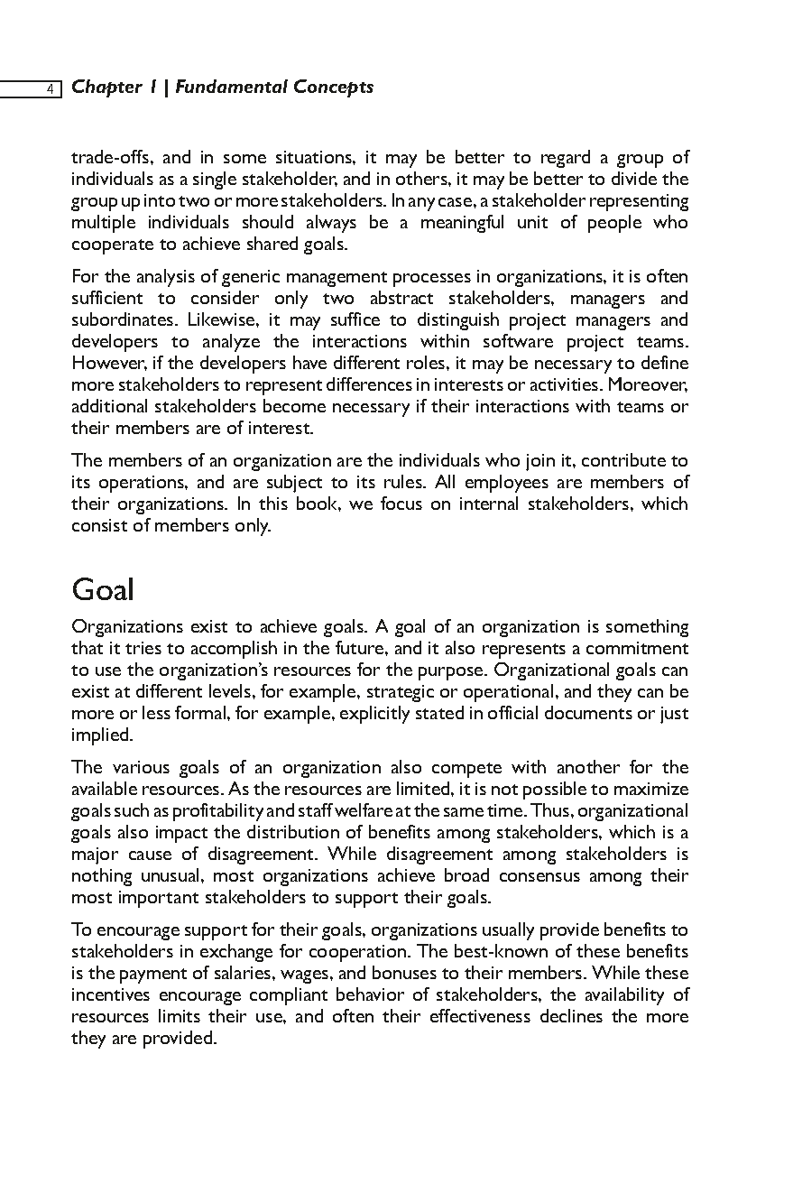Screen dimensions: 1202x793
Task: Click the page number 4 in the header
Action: [51, 88]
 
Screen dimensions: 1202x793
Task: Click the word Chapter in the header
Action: [106, 88]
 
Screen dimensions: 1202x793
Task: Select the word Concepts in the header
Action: [337, 88]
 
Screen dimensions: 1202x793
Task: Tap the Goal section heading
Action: [103, 590]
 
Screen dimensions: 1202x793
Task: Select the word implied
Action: [101, 735]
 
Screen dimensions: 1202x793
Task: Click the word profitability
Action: [187, 811]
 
